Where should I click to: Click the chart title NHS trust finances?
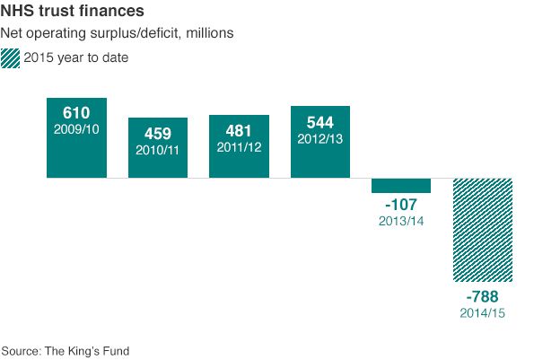tap(74, 13)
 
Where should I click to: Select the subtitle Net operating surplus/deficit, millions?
tap(118, 34)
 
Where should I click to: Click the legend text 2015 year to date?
tap(76, 58)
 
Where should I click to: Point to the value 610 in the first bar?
tap(76, 113)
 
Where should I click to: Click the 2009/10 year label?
tap(76, 130)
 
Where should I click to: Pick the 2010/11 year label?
tap(158, 150)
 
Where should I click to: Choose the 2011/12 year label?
tap(239, 147)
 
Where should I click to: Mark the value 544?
tap(320, 122)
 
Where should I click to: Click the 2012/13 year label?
tap(320, 139)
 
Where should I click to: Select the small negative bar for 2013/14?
tap(401, 185)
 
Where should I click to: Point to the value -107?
tap(401, 206)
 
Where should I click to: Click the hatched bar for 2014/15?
tap(483, 229)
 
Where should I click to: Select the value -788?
tap(483, 297)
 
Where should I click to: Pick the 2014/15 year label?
tap(483, 313)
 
